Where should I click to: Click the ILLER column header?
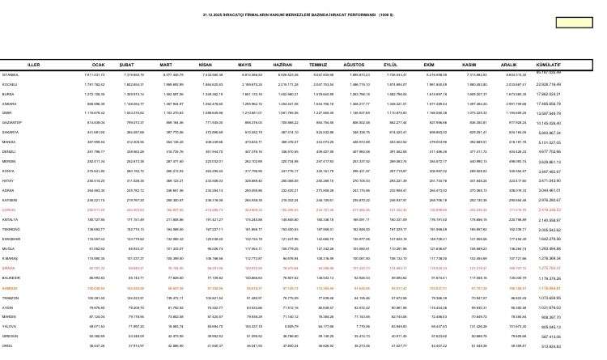34,64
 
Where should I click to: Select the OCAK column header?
99,64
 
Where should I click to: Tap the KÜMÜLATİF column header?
549,64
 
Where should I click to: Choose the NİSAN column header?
205,64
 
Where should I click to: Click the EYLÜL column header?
390,64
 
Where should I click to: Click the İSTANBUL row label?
11,74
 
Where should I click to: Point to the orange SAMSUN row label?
10,288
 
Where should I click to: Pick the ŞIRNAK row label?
9,268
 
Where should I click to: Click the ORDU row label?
8,346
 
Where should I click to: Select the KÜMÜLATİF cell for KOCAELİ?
549,84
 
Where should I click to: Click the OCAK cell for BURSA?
95,94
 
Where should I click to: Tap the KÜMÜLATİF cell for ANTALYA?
549,219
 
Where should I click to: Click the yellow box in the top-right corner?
574,22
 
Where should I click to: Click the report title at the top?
298,15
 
